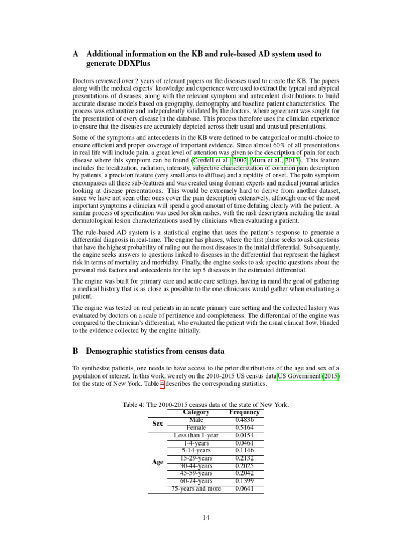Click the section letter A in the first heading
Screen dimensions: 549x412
[x=76, y=54]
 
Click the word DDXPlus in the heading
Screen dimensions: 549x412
[x=136, y=64]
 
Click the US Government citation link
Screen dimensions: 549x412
[x=299, y=377]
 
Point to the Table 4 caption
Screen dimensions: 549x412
[x=206, y=405]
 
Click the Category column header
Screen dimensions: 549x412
[x=196, y=412]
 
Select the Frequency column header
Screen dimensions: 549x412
[x=244, y=412]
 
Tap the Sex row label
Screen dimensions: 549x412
[x=157, y=424]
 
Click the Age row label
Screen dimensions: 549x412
[x=157, y=462]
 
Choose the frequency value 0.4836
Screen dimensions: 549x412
[x=244, y=420]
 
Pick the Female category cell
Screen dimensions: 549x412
[x=196, y=428]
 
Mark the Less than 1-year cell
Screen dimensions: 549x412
[x=196, y=436]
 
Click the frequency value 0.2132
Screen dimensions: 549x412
[x=244, y=458]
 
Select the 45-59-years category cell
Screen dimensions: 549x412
[x=196, y=473]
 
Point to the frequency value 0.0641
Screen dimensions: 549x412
[x=244, y=489]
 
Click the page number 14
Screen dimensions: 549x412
[x=206, y=517]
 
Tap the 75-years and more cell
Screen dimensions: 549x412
[x=196, y=489]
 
